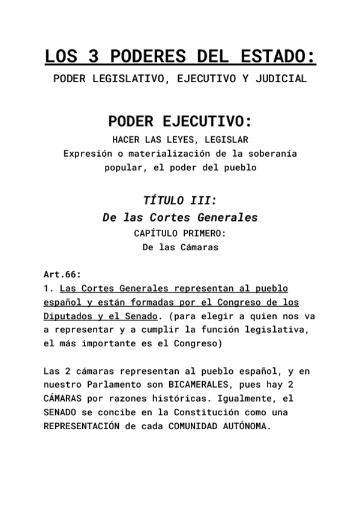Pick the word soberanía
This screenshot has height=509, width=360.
[273, 154]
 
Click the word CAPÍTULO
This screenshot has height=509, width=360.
[158, 233]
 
